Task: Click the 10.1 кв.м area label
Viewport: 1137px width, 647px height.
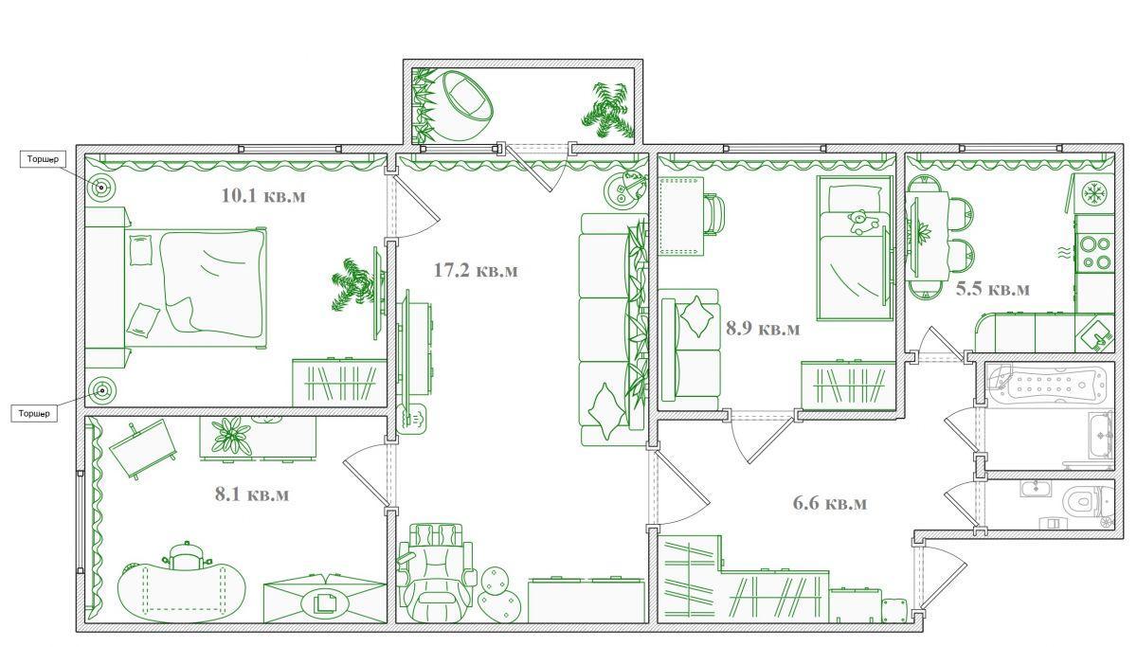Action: click(x=263, y=195)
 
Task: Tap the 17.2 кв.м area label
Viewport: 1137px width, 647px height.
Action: click(x=476, y=270)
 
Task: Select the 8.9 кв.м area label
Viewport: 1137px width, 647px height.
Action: click(x=763, y=329)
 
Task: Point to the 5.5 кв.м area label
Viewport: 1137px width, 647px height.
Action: click(x=993, y=289)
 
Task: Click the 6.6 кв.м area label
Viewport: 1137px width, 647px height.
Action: click(x=830, y=503)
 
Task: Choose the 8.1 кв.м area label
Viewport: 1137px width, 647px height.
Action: click(x=252, y=494)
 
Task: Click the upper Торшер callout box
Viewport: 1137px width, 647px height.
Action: click(x=44, y=159)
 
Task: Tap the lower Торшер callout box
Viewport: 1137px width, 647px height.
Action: click(x=34, y=414)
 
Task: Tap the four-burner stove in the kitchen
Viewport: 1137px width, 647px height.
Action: click(x=1094, y=253)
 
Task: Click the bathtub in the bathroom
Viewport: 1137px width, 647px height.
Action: click(x=1049, y=384)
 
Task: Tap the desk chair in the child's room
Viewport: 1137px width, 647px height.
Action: click(x=715, y=213)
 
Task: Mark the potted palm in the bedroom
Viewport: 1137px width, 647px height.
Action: click(x=353, y=285)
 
